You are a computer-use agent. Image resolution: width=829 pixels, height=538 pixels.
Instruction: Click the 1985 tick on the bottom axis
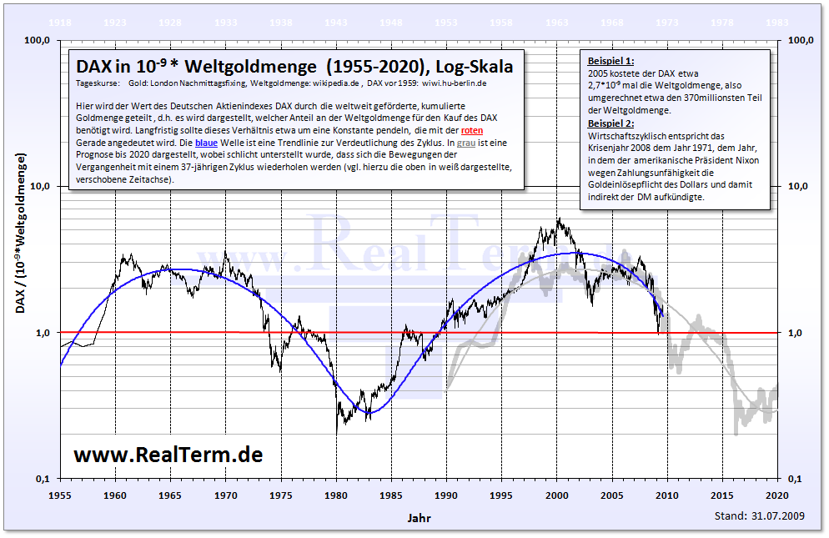tap(391, 495)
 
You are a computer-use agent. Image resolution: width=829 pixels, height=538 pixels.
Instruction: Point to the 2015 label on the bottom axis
tap(723, 495)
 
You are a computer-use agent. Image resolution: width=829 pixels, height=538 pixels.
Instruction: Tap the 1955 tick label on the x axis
tap(60, 495)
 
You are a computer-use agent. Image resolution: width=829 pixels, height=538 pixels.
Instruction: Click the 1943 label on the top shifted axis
tap(336, 23)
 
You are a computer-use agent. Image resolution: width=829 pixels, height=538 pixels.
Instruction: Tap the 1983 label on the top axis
tap(777, 23)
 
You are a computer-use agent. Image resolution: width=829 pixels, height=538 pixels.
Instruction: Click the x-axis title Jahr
tap(419, 517)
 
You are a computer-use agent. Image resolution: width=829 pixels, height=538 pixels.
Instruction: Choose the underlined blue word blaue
tap(206, 143)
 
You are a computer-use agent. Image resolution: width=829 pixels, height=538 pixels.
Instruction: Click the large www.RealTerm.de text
tap(168, 455)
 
